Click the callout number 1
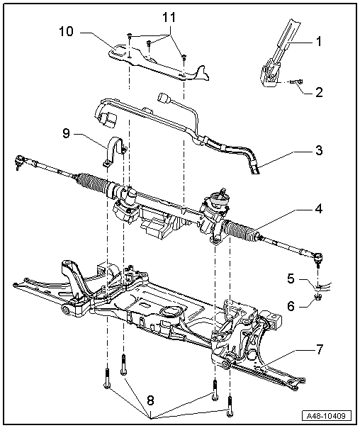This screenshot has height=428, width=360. coord(319,42)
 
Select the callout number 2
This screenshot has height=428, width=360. coord(319,91)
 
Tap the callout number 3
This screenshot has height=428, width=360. coord(319,151)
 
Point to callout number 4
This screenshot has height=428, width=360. coord(319,210)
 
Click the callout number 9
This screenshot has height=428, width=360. coord(65,133)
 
